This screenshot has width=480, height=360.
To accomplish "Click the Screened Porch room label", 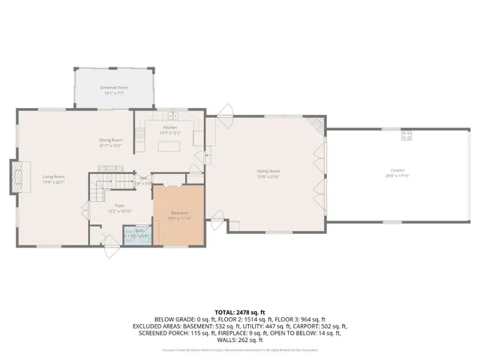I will [x=115, y=88].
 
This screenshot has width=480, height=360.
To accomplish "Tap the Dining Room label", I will [x=111, y=140].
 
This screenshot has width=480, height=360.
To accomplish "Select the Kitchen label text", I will [x=170, y=127].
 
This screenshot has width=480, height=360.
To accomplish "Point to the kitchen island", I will [x=170, y=142].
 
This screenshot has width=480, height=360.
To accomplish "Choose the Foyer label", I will [x=119, y=205].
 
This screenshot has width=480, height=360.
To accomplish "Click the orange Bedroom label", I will [x=179, y=214].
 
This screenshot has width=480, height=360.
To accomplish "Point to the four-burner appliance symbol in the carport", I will [x=406, y=135].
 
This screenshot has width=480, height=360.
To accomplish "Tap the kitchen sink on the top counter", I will [x=172, y=117].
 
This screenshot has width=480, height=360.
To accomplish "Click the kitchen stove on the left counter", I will [x=139, y=135].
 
